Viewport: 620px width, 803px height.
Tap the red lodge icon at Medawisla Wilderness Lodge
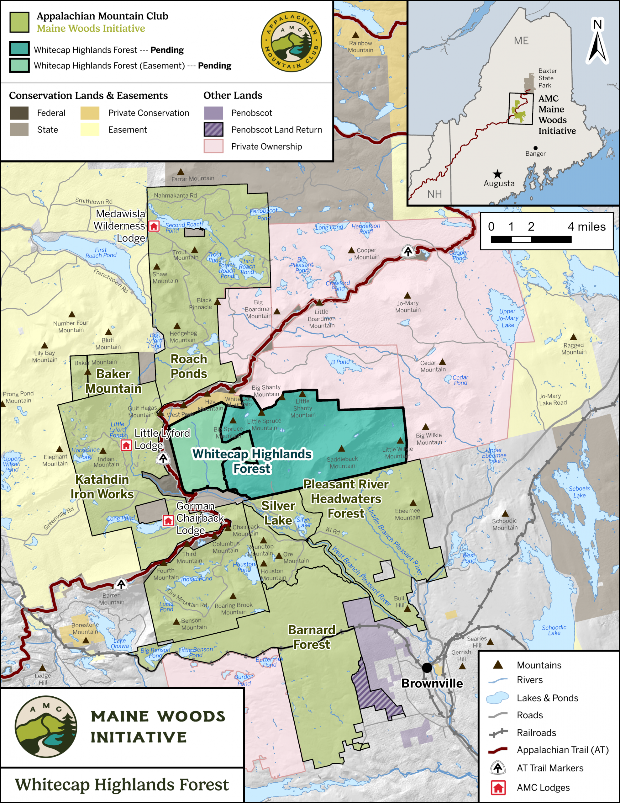coord(154,226)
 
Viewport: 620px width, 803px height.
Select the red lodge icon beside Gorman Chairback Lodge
coord(168,521)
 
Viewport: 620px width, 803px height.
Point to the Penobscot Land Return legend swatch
coord(213,130)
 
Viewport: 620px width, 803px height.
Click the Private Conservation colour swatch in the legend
coord(90,113)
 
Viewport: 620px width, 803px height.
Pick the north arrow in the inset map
coord(597,42)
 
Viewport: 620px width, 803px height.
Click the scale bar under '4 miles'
coord(531,239)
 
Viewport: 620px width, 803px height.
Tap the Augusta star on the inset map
coord(497,174)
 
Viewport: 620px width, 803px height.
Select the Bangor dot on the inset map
coord(535,148)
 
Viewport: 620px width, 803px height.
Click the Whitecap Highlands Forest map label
coord(252,461)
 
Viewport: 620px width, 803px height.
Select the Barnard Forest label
coord(312,637)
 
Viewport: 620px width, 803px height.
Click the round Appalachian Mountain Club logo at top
coord(291,41)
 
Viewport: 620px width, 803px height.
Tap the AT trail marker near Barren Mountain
coord(121,583)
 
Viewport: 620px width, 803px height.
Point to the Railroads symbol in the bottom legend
coord(498,733)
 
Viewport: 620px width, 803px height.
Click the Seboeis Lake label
coord(579,492)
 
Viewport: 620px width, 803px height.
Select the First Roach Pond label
coord(101,253)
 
